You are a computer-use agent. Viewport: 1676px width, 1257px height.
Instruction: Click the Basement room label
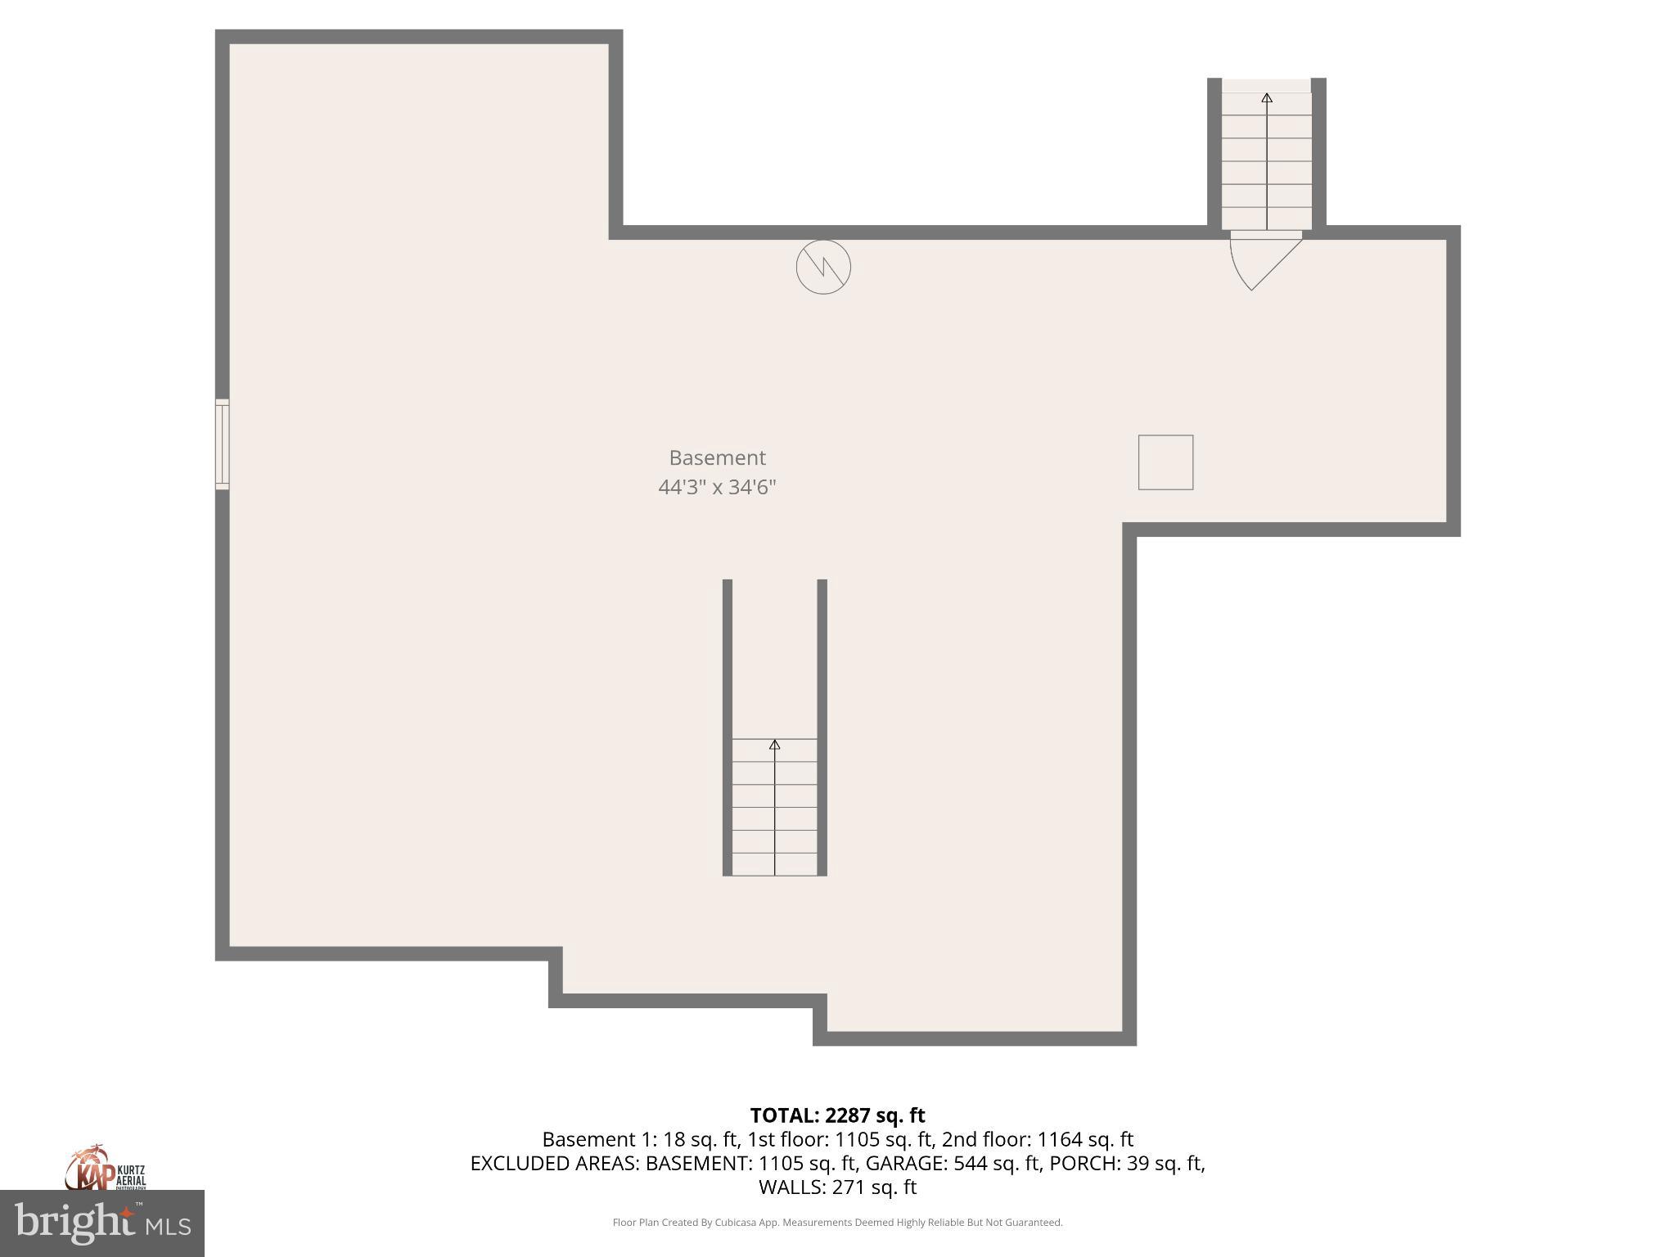coord(717,457)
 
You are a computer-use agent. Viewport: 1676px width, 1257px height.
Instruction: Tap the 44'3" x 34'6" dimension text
coord(717,487)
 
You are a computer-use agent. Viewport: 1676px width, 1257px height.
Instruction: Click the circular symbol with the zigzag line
coord(823,267)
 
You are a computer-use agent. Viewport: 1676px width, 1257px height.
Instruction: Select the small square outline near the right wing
coord(1165,462)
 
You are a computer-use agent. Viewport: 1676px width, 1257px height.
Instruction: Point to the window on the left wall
coord(222,444)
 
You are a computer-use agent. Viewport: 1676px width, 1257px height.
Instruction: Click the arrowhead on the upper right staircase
coord(1267,98)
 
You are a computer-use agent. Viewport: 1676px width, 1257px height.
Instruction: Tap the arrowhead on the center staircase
coord(774,745)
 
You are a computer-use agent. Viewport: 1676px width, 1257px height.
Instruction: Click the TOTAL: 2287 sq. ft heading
coord(837,1115)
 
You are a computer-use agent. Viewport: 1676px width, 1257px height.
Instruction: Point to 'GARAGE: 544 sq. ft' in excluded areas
coord(953,1163)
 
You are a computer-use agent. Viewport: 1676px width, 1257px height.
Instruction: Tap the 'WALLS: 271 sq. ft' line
coord(837,1187)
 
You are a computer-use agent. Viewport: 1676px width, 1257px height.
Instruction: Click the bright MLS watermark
coord(101,1223)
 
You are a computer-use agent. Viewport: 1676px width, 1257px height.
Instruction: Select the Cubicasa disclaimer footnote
coord(837,1223)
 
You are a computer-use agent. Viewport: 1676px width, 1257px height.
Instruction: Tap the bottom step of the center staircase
coord(774,864)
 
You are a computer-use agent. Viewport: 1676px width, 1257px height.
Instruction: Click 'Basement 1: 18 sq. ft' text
coord(640,1139)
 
